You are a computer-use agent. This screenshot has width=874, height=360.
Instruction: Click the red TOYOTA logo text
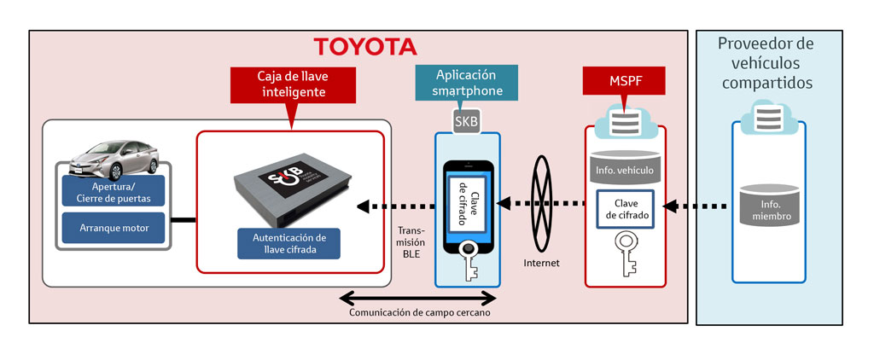365,47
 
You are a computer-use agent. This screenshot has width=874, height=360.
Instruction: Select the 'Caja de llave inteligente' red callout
294,84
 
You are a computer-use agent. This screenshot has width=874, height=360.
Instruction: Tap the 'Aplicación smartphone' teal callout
466,83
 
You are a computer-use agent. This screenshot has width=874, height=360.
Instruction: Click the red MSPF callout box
624,81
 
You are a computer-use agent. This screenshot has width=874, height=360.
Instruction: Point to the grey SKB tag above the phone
467,122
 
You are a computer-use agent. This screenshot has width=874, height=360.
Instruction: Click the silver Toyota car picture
114,159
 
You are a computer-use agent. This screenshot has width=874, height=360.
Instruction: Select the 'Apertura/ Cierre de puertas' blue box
114,190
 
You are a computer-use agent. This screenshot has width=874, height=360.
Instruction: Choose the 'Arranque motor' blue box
114,228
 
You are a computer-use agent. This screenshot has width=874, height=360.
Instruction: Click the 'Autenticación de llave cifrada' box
288,243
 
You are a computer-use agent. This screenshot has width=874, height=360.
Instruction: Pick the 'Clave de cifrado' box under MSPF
626,209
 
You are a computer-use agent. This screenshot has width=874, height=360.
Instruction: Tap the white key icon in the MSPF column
626,253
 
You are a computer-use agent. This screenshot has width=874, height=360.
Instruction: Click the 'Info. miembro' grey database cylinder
769,206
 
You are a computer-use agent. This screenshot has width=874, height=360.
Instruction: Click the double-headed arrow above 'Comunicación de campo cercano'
417,298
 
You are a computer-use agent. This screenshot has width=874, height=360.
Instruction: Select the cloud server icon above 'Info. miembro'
769,117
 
